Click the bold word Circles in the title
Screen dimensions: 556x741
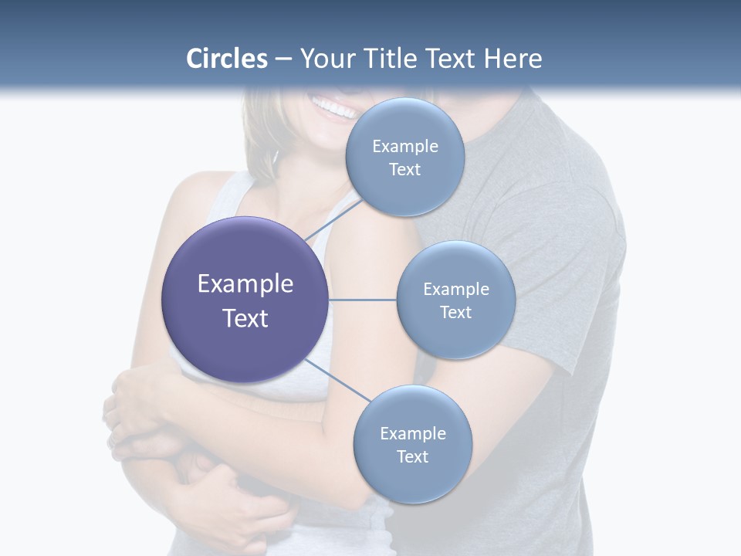(x=227, y=58)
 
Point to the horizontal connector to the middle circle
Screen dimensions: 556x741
(x=362, y=300)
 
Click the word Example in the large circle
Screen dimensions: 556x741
(x=245, y=284)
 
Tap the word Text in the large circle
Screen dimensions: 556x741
(x=245, y=318)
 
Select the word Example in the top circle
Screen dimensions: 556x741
(x=404, y=147)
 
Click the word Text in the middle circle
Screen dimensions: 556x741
(x=455, y=313)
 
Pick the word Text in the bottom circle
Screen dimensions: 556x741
(x=412, y=457)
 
